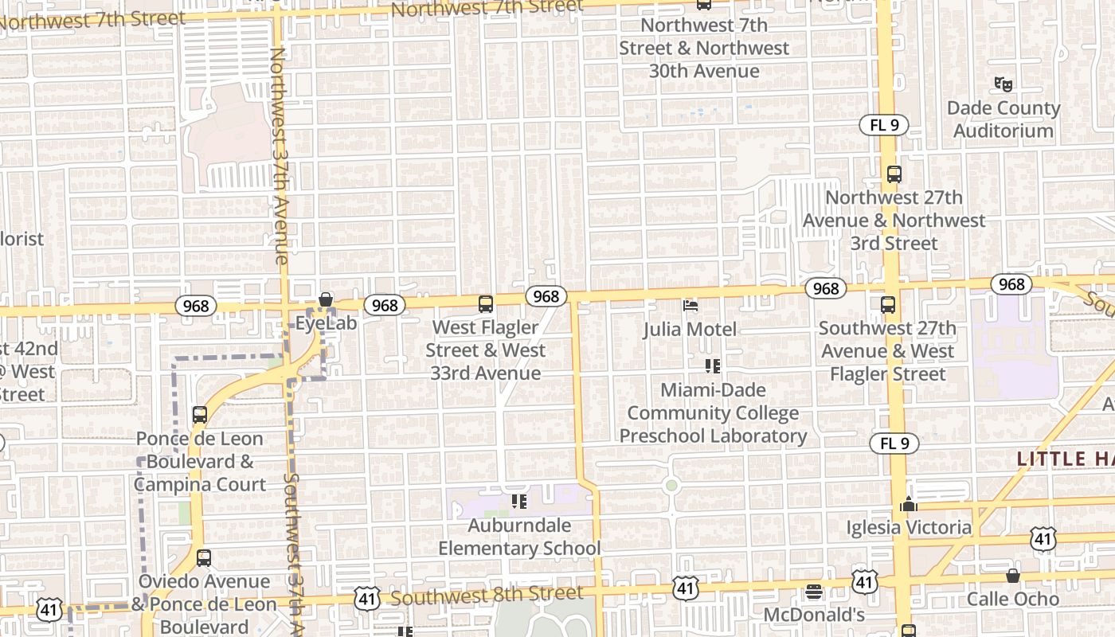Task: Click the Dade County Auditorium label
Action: pos(1003,119)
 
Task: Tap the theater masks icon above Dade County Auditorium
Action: pos(1003,83)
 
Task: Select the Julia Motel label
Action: pos(690,329)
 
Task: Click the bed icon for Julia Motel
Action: pos(691,306)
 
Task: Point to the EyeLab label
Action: pos(326,323)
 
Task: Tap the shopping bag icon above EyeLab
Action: pos(326,300)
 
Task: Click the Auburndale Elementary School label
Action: pos(519,537)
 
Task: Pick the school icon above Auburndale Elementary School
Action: pos(519,502)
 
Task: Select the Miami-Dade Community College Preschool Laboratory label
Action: pos(713,413)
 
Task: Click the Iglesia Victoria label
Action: pos(908,527)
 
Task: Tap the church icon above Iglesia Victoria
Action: pos(908,504)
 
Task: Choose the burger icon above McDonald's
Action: pos(813,592)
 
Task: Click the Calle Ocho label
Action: pos(1013,599)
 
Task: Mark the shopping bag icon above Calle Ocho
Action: pos(1013,576)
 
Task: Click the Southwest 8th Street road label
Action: pos(487,595)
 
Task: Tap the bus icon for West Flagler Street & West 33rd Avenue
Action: pos(485,304)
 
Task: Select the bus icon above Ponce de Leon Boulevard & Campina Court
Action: pos(200,415)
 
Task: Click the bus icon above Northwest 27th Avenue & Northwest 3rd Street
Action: pos(894,174)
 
